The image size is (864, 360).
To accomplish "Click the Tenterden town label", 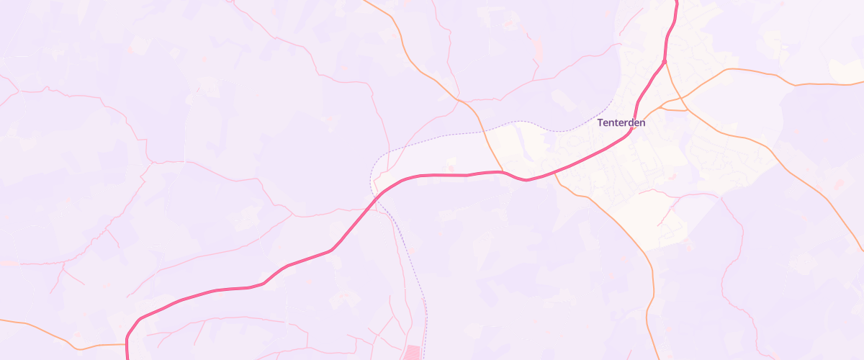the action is (621, 122).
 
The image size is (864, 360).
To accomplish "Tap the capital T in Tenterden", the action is (600, 122).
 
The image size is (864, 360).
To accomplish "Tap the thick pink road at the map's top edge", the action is (677, 2).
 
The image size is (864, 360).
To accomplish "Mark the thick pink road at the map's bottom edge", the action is (127, 358).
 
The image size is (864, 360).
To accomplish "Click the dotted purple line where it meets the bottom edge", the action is (426, 358).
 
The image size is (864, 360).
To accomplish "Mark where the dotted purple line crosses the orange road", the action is (483, 132).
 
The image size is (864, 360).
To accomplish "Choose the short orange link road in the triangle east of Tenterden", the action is (673, 109).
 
